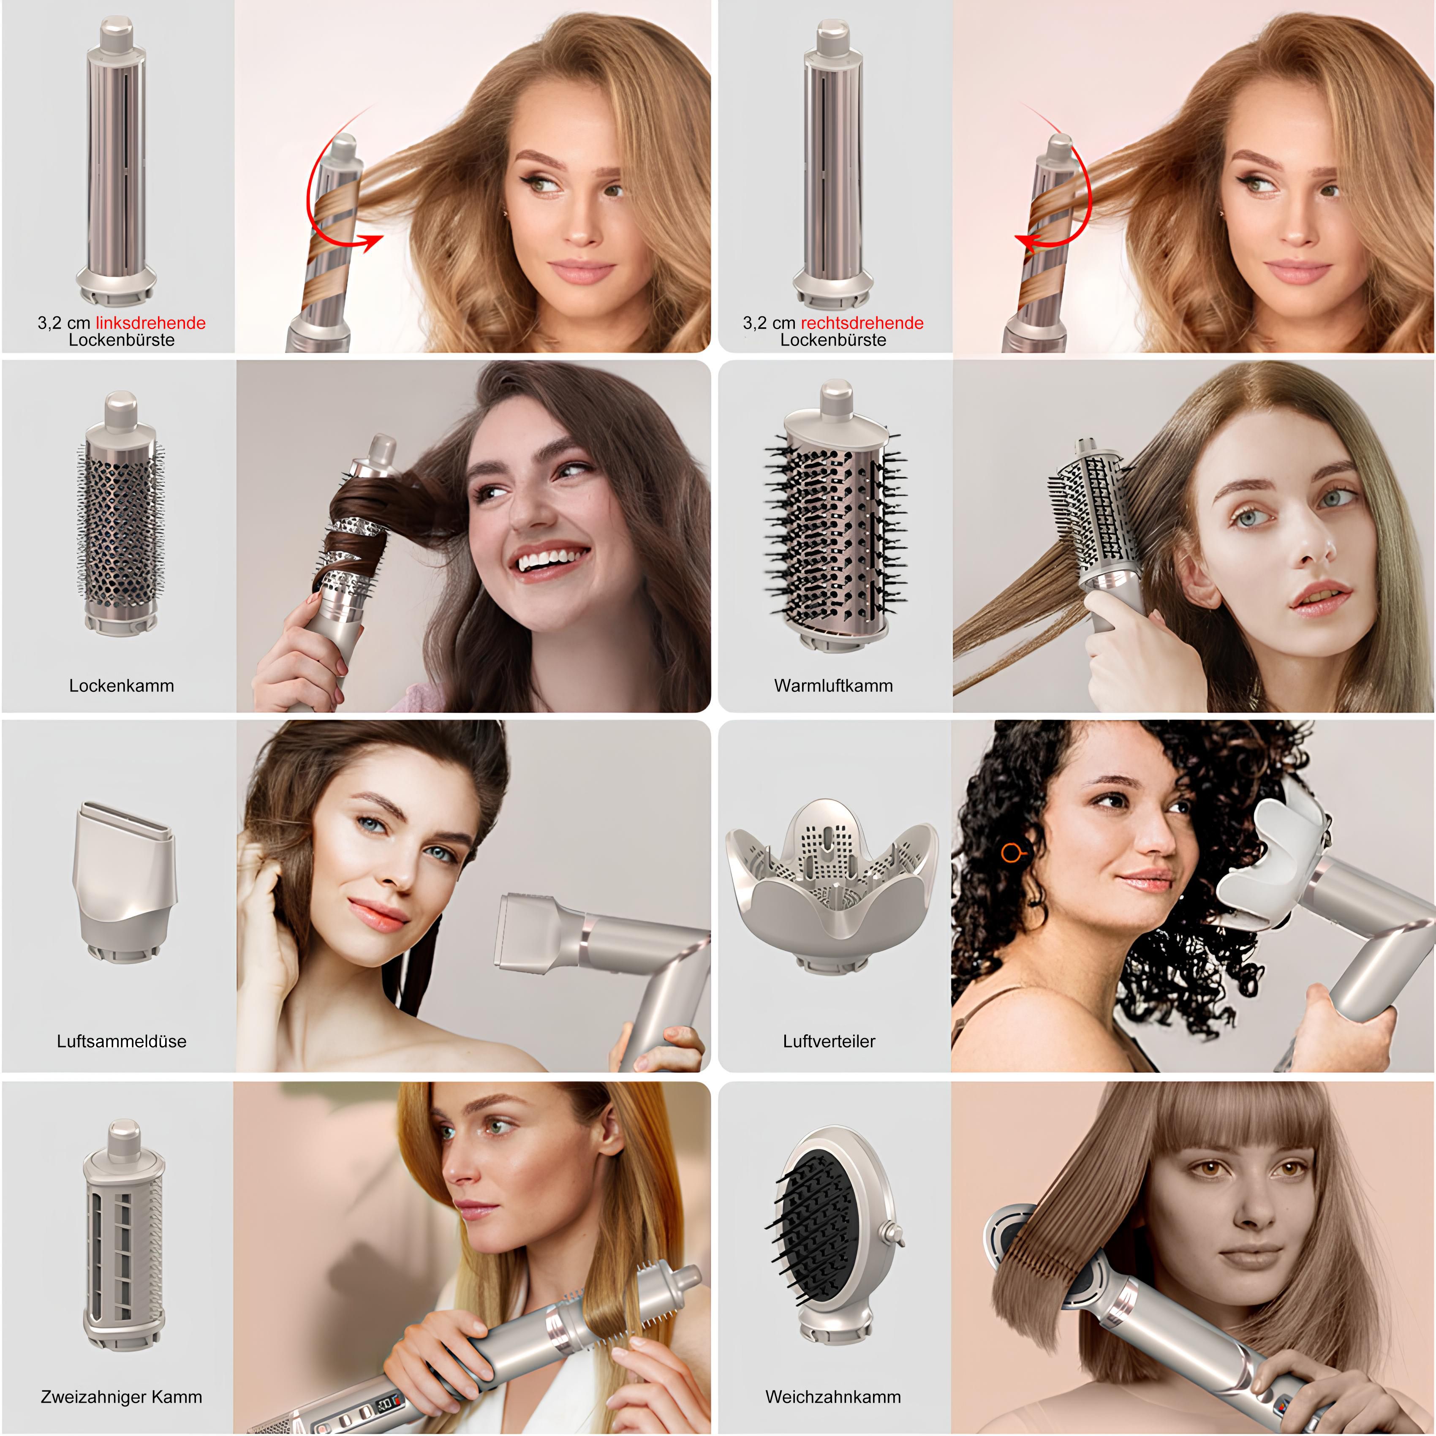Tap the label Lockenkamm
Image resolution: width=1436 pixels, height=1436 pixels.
[121, 685]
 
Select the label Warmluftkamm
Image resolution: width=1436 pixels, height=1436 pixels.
[833, 685]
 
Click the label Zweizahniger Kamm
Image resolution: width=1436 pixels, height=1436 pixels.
[121, 1397]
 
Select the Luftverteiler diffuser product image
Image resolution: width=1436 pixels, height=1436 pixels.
[831, 884]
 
